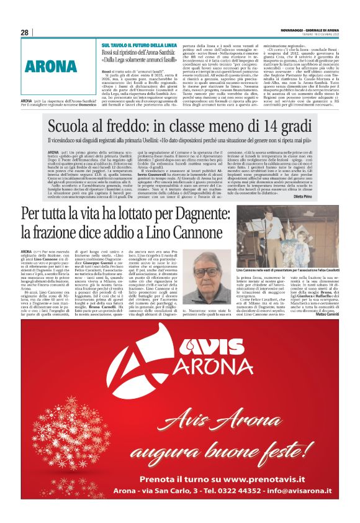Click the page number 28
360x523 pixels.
pyautogui.click(x=24, y=32)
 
